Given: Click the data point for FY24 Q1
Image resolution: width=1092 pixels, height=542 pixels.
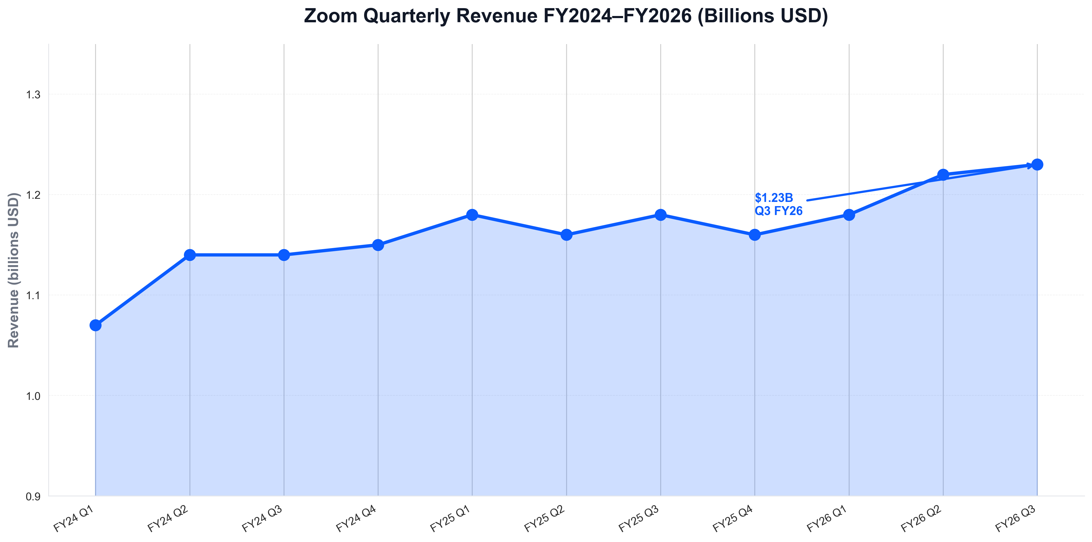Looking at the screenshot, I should click(95, 325).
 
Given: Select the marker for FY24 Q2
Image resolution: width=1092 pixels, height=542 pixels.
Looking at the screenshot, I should click(190, 255).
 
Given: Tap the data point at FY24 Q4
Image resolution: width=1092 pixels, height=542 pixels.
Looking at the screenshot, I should click(378, 245).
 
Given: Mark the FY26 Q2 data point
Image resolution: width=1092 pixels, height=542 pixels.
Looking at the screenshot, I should click(943, 175).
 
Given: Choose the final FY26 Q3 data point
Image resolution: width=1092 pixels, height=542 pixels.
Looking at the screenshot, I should click(1037, 165).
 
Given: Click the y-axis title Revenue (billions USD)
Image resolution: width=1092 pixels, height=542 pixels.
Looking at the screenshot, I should click(14, 270).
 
